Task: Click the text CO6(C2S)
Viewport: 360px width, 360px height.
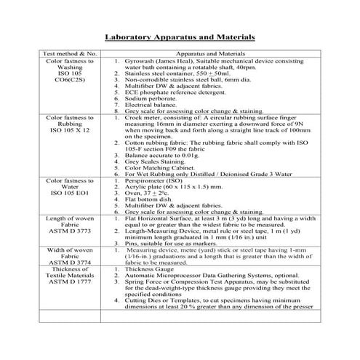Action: pos(70,80)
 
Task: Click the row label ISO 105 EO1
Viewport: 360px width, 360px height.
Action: pos(70,192)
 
